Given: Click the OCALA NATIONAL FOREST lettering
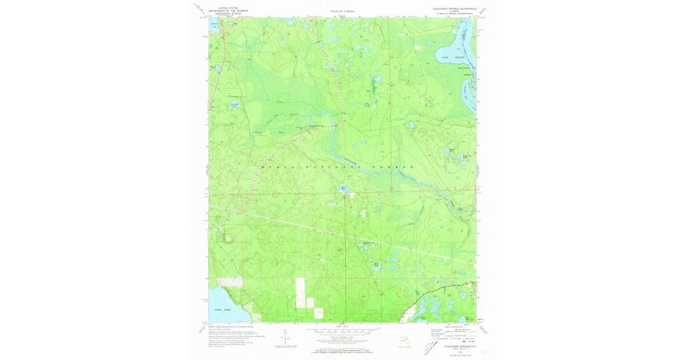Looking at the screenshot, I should click(337, 166).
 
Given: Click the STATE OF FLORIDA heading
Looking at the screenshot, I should click(342, 11).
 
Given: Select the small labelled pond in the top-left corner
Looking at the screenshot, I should click(215, 25).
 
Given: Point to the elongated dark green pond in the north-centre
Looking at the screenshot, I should click(373, 86).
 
